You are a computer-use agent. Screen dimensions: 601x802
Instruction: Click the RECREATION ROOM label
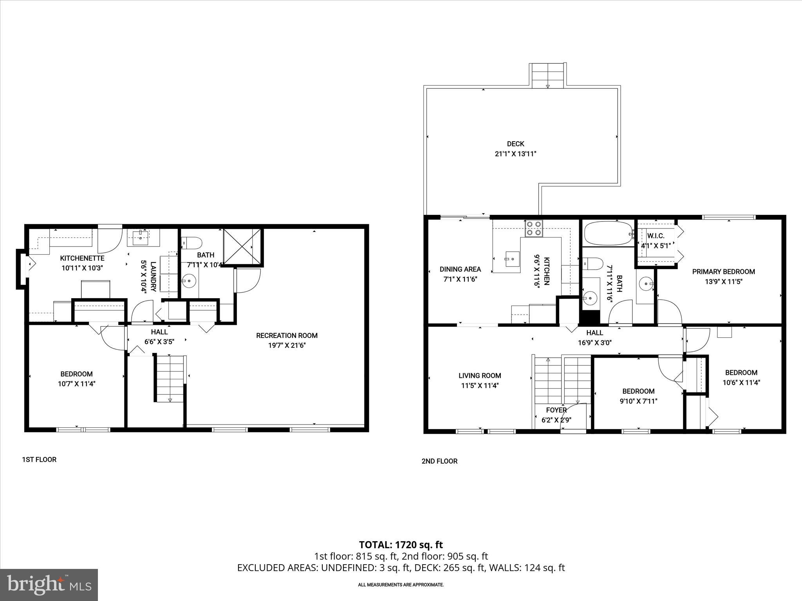coord(287,335)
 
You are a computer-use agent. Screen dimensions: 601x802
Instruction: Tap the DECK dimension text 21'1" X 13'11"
coord(515,154)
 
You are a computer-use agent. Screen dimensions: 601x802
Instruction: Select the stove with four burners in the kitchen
coord(534,228)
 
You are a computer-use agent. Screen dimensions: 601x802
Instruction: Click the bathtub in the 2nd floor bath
coord(608,234)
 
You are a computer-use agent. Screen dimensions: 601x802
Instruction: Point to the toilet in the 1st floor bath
coord(191,243)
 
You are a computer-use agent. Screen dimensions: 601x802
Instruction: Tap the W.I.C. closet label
coord(656,236)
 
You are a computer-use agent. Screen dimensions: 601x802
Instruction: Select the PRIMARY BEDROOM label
coord(723,272)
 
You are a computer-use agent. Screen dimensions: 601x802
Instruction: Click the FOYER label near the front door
coord(556,410)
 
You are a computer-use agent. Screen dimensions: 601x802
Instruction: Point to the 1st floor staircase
coord(170,378)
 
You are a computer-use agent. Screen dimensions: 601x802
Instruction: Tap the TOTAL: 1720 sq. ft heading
coord(401,545)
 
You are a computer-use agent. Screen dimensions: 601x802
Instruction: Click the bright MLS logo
coord(49,585)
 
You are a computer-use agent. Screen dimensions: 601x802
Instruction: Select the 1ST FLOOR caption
coord(39,459)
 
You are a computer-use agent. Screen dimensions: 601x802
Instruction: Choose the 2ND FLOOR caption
coord(439,461)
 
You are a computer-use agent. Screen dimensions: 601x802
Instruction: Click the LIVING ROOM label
coord(480,376)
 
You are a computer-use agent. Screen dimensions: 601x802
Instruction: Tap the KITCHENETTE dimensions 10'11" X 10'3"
coord(82,268)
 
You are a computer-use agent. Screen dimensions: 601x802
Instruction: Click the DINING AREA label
coord(460,269)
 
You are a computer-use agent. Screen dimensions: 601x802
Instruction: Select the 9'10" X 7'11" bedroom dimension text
coord(638,401)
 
